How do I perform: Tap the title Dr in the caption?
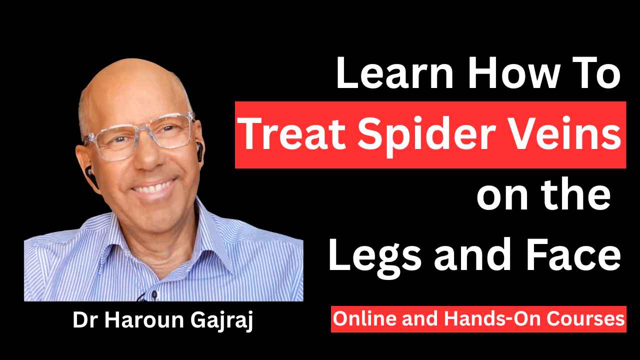83,320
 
